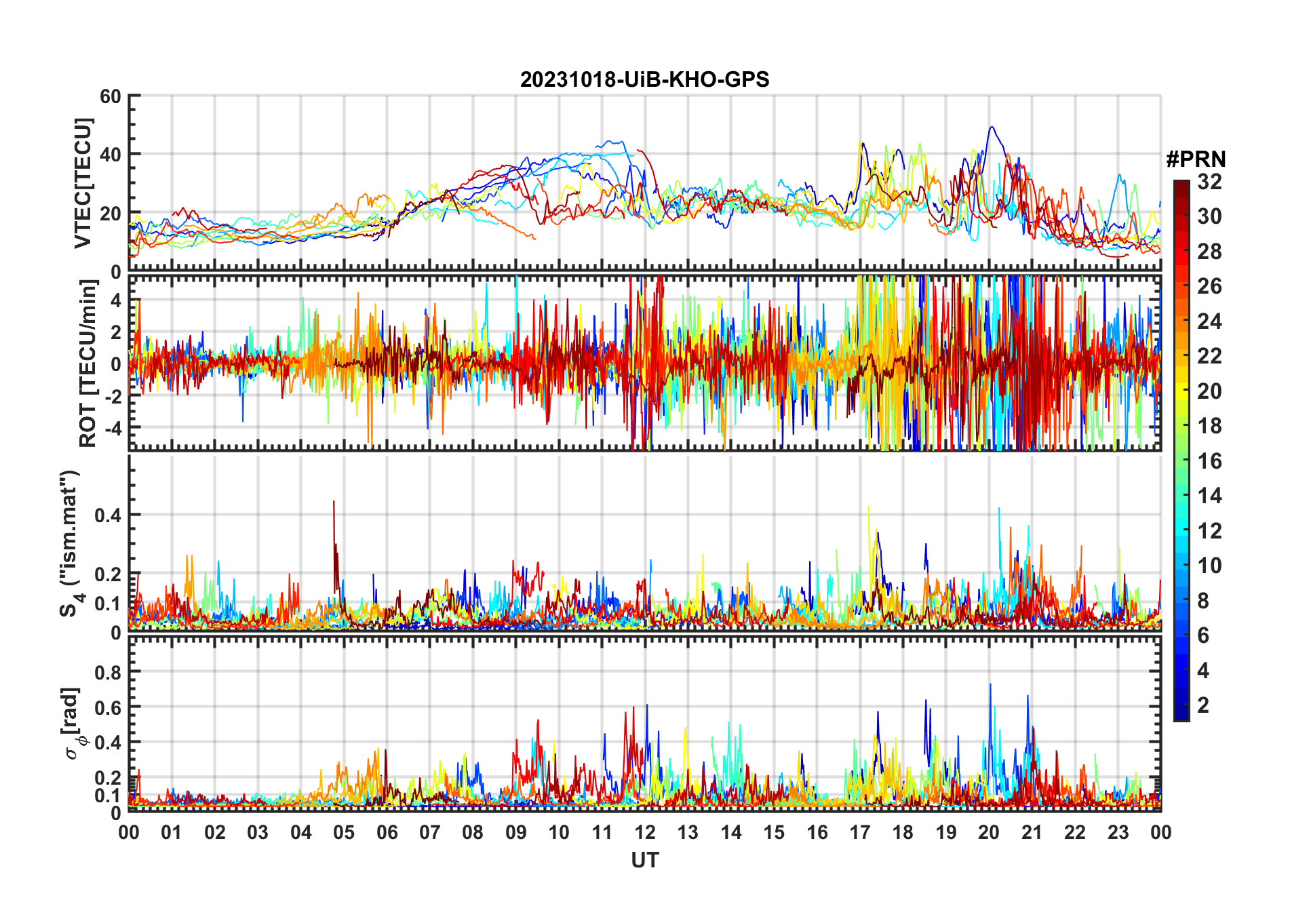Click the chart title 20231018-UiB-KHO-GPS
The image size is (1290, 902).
coord(644,80)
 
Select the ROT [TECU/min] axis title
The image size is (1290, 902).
coord(88,364)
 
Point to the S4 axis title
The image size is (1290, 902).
coord(70,543)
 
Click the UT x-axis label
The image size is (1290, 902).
coord(644,861)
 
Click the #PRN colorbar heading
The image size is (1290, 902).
coord(1196,159)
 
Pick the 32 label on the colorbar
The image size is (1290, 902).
coord(1209,182)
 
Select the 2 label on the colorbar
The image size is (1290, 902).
coord(1203,705)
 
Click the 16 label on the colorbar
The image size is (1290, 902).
coord(1209,461)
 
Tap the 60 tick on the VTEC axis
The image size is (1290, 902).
coord(111,96)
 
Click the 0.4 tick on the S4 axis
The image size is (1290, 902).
coord(107,515)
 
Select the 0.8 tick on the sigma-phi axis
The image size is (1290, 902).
coord(107,672)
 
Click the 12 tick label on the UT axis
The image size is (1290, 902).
coord(645,833)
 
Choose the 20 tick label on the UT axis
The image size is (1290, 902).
coord(989,833)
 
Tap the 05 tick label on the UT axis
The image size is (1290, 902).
coord(344,833)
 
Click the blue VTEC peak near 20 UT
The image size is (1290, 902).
coord(992,128)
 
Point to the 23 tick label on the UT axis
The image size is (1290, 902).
coord(1118,833)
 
